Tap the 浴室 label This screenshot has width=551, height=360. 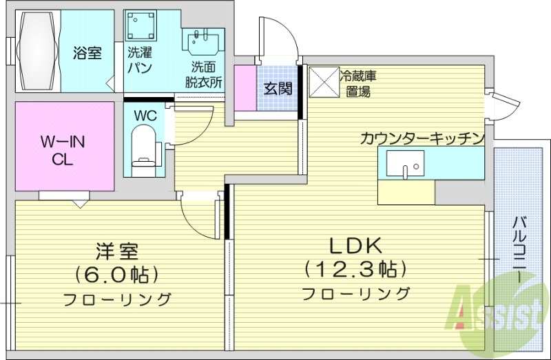coord(87,53)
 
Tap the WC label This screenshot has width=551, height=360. coord(145,115)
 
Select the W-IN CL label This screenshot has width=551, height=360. coord(63,150)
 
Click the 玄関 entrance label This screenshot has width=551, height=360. coord(278,88)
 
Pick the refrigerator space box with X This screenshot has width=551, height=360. coord(323,83)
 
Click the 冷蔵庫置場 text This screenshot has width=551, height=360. coord(357,83)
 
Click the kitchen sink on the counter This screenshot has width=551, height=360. coord(406,165)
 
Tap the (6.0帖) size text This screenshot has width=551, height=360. coord(117,275)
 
